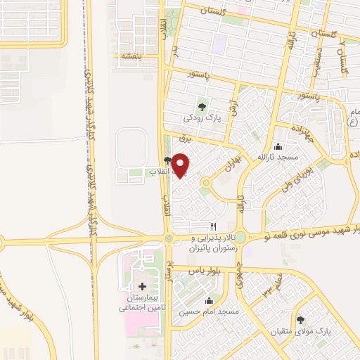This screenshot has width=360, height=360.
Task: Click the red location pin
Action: [181, 165]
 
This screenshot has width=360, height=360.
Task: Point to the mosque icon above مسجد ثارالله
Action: [278, 146]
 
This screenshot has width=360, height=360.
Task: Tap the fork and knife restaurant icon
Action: [214, 226]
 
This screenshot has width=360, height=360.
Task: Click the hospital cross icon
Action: [143, 286]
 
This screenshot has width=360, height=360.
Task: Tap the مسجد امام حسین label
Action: [208, 310]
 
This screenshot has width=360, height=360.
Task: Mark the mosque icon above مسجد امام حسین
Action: [208, 300]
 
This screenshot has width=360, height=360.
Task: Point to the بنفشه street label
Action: [130, 56]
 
